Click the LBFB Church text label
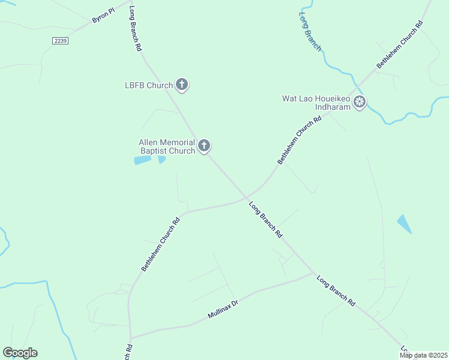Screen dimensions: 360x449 148,85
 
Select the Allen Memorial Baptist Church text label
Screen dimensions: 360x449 167,146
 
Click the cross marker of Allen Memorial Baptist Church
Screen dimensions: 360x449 204,145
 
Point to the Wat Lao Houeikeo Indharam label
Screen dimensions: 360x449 316,103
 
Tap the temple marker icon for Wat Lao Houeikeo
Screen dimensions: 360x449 360,102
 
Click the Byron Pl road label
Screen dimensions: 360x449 103,16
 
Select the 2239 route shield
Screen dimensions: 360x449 60,40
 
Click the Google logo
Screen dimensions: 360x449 20,353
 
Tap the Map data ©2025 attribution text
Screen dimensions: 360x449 423,355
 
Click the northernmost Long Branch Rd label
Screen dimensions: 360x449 136,29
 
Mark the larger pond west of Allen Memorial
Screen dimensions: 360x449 142,160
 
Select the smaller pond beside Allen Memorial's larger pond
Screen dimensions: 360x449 161,159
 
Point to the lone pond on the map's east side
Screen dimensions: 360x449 404,223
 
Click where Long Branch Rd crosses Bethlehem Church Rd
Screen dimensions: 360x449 246,198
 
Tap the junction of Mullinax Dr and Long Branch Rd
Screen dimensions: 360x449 313,274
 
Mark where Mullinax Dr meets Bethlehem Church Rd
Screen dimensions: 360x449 130,338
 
